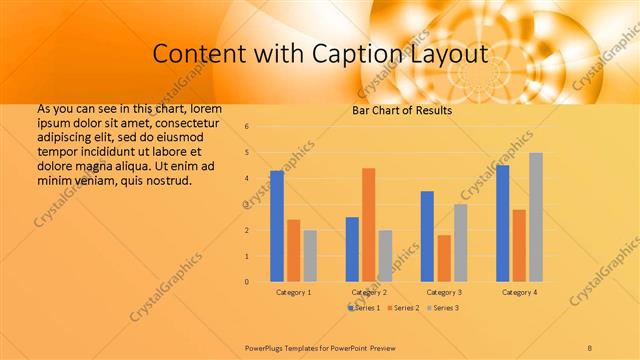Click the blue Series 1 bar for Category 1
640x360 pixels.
pos(276,226)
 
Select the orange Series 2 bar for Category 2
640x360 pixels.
pos(368,225)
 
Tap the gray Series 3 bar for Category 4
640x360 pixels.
pos(536,217)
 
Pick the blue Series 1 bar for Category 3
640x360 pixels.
pos(427,236)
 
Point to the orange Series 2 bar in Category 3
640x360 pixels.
pos(443,258)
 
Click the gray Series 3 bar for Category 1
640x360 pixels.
pos(310,256)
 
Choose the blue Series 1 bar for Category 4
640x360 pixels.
pos(502,223)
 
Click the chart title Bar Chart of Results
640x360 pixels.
pos(402,110)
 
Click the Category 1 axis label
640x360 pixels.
pos(293,292)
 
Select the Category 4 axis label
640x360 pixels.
pos(519,292)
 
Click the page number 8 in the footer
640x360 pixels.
pos(590,346)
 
